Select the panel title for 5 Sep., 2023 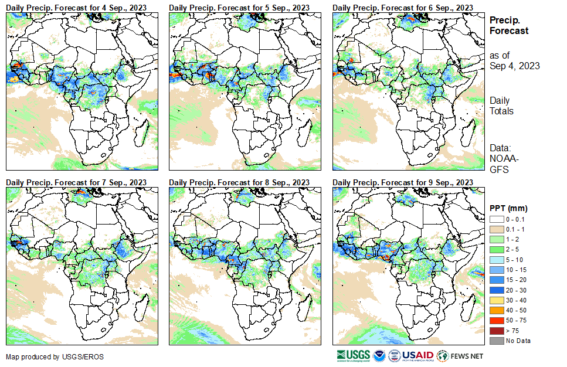(x=239, y=7)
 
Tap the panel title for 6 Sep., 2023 (x=402, y=7)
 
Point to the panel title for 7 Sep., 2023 (x=76, y=182)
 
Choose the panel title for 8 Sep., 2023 (x=239, y=182)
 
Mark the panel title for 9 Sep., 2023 (x=402, y=182)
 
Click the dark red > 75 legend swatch (x=496, y=331)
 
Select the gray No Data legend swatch (x=496, y=340)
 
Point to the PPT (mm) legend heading (x=508, y=208)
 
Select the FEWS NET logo (x=461, y=355)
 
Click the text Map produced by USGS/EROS (x=42, y=357)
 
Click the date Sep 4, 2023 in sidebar (x=515, y=66)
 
